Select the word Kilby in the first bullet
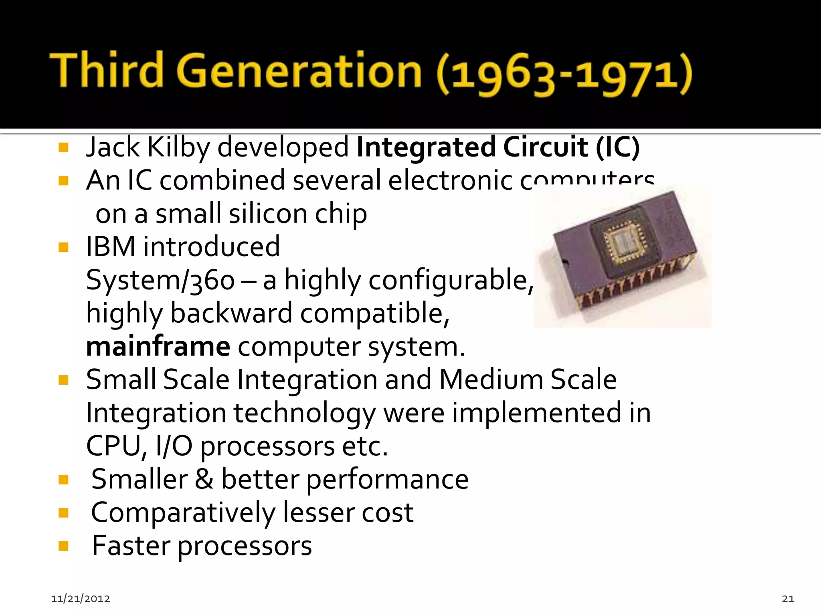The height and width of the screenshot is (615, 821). pyautogui.click(x=178, y=147)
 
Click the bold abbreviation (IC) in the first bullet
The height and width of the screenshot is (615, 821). pyautogui.click(x=617, y=147)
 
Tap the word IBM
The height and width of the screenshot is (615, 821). pyautogui.click(x=111, y=247)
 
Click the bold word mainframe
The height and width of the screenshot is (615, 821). pyautogui.click(x=158, y=346)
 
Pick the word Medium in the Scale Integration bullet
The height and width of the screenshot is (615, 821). pyautogui.click(x=491, y=380)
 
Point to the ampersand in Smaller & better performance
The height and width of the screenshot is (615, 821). pyautogui.click(x=204, y=479)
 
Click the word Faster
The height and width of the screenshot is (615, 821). pyautogui.click(x=131, y=546)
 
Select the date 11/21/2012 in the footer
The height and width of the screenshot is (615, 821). pyautogui.click(x=80, y=599)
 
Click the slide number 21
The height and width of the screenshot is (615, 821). pyautogui.click(x=788, y=599)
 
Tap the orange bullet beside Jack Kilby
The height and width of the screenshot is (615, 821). pyautogui.click(x=63, y=148)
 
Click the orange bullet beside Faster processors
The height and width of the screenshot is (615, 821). pyautogui.click(x=63, y=546)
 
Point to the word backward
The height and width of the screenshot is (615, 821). pyautogui.click(x=231, y=313)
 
